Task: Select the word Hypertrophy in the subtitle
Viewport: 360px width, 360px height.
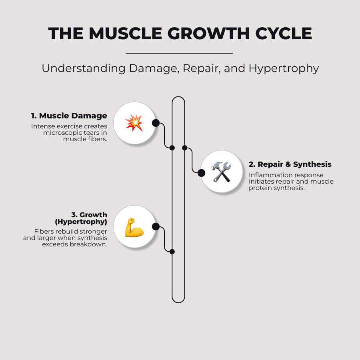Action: [x=284, y=68]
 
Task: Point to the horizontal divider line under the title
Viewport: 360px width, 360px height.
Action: [x=179, y=53]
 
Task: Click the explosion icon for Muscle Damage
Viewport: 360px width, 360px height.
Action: [x=134, y=123]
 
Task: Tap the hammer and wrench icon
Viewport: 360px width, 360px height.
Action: [x=221, y=172]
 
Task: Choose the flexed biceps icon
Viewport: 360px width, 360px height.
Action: [x=134, y=227]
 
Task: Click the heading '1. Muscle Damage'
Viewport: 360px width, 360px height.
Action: [x=69, y=116]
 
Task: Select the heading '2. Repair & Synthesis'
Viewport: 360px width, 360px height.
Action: [x=290, y=164]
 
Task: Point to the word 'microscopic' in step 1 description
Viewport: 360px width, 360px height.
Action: [x=63, y=133]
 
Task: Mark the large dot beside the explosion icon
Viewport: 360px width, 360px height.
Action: [x=156, y=123]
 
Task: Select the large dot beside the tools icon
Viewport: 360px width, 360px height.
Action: [x=202, y=173]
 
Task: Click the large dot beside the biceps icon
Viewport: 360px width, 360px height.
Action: [x=156, y=227]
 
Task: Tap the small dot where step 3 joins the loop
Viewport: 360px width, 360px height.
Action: [x=172, y=252]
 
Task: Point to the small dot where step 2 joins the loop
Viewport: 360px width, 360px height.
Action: [x=185, y=148]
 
